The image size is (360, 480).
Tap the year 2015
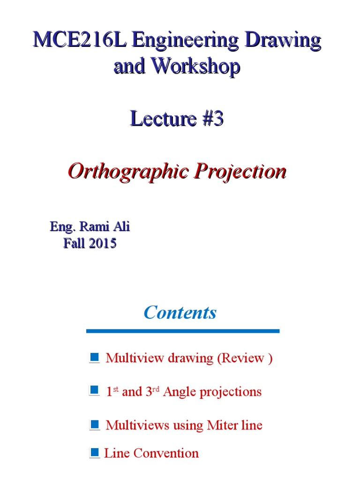(x=100, y=244)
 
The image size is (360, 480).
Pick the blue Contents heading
(x=180, y=312)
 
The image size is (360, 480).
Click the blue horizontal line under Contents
(x=183, y=331)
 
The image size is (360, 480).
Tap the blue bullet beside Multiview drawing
(x=94, y=358)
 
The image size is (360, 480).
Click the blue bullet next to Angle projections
(x=94, y=390)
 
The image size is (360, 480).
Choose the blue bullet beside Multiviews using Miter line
(x=94, y=425)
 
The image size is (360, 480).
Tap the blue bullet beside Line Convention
(x=95, y=452)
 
